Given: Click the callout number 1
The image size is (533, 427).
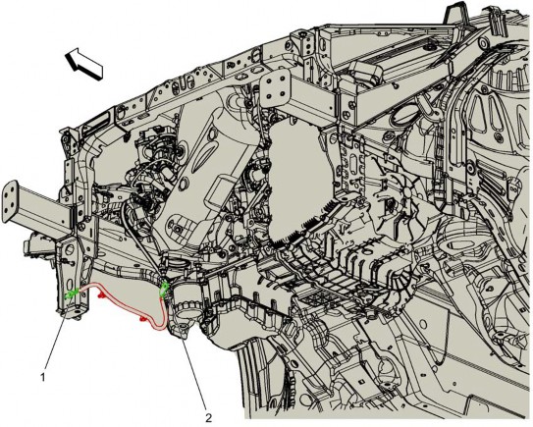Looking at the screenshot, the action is (43, 377).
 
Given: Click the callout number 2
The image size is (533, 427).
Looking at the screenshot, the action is (209, 417).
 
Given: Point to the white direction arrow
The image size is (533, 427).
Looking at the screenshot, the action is (83, 63).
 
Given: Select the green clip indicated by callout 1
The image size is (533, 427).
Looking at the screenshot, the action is (72, 294).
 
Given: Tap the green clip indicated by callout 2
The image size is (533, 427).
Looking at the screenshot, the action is (164, 290).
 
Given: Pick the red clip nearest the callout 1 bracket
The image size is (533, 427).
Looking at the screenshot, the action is (101, 295).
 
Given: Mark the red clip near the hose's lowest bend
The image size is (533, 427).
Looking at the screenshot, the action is (143, 319).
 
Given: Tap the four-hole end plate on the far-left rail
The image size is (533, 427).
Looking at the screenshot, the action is (10, 201).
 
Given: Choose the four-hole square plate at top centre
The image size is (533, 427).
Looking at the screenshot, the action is (276, 89).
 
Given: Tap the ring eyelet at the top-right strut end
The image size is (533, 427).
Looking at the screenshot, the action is (481, 43).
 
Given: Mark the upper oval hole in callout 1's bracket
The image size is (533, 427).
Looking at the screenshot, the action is (71, 249).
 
